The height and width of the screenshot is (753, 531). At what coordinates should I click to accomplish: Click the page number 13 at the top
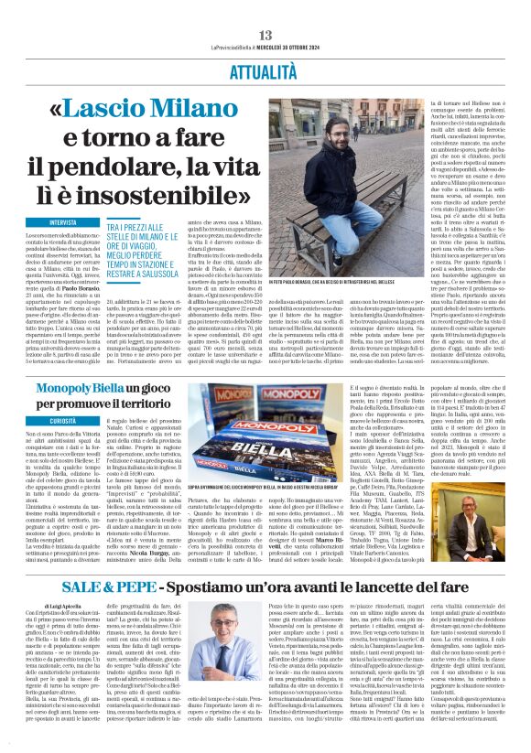coord(265,8)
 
